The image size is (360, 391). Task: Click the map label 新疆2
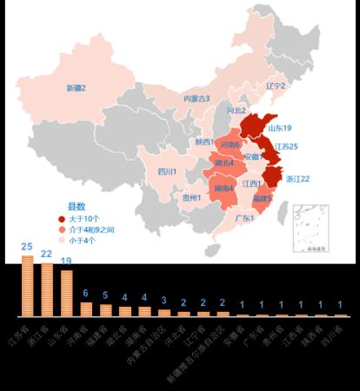click(76, 88)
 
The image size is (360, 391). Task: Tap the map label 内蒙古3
click(196, 98)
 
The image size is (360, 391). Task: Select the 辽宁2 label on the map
click(275, 85)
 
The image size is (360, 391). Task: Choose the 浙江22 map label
click(297, 178)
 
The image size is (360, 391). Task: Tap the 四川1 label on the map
click(167, 171)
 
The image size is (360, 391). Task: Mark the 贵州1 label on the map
click(192, 197)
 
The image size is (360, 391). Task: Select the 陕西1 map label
click(204, 142)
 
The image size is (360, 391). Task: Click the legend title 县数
click(76, 206)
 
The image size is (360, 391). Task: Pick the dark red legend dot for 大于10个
click(61, 219)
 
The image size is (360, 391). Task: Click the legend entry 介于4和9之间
click(91, 229)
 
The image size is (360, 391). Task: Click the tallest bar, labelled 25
click(27, 286)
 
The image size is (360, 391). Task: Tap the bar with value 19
click(66, 293)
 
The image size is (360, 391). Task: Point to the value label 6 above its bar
click(85, 293)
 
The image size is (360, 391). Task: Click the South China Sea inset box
click(310, 227)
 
